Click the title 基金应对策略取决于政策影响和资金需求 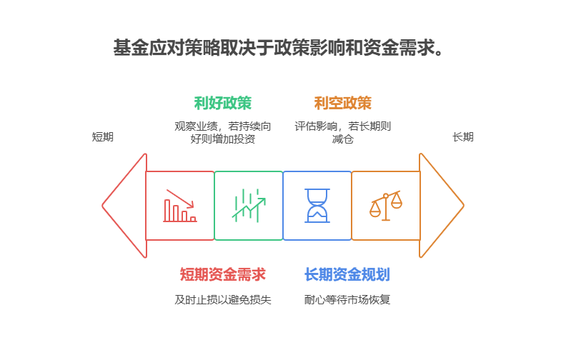pos(282,49)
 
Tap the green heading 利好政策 pos(223,103)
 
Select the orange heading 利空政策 pos(342,103)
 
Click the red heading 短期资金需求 pos(222,274)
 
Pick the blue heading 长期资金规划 pos(347,274)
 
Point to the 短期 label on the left pos(102,136)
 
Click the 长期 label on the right pos(463,136)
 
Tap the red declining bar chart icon pos(179,206)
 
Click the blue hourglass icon pos(317,206)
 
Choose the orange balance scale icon pos(385,206)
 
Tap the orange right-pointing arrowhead pos(441,206)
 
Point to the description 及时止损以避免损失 pos(222,299)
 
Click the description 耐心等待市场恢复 pos(347,299)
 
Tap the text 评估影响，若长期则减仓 pos(342,132)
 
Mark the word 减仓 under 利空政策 pos(342,139)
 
